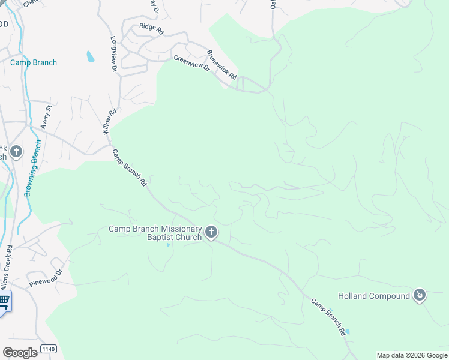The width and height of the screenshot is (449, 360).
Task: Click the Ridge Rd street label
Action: (x=151, y=27)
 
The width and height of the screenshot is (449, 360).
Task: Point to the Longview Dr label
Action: (x=113, y=54)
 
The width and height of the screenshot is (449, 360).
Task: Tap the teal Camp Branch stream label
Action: (x=34, y=62)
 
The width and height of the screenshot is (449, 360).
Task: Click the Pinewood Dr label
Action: (x=46, y=277)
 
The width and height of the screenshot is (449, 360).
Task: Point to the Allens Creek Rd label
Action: (x=6, y=263)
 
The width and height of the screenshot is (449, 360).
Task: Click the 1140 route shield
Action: (x=49, y=349)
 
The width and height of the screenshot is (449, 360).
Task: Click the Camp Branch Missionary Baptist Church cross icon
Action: (x=211, y=232)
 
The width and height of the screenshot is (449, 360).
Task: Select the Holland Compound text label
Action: (x=373, y=296)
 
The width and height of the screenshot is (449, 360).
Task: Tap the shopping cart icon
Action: (x=4, y=301)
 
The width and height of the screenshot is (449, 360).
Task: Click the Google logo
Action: (x=20, y=352)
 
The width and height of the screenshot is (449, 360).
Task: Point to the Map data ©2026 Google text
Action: (x=412, y=355)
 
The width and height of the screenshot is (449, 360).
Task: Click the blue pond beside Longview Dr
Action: (x=91, y=56)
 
